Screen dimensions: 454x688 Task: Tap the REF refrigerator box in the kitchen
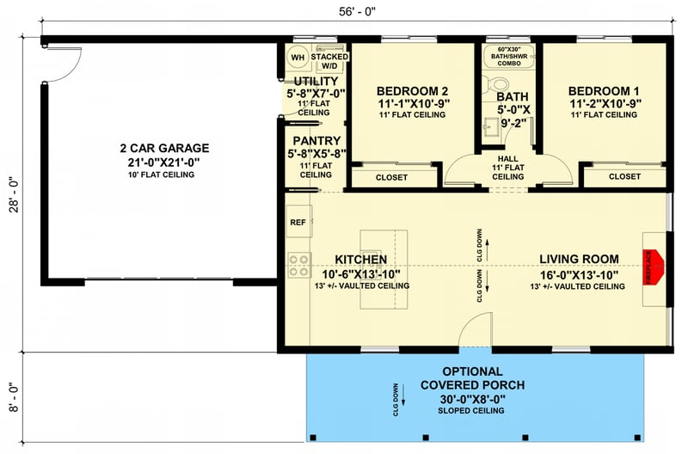[298, 222]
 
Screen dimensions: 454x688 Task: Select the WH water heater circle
[298, 58]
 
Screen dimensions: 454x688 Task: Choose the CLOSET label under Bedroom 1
[624, 176]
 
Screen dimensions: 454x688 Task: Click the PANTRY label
[316, 140]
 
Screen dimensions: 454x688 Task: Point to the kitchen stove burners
[298, 265]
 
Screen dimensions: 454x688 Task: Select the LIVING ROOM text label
[579, 258]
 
